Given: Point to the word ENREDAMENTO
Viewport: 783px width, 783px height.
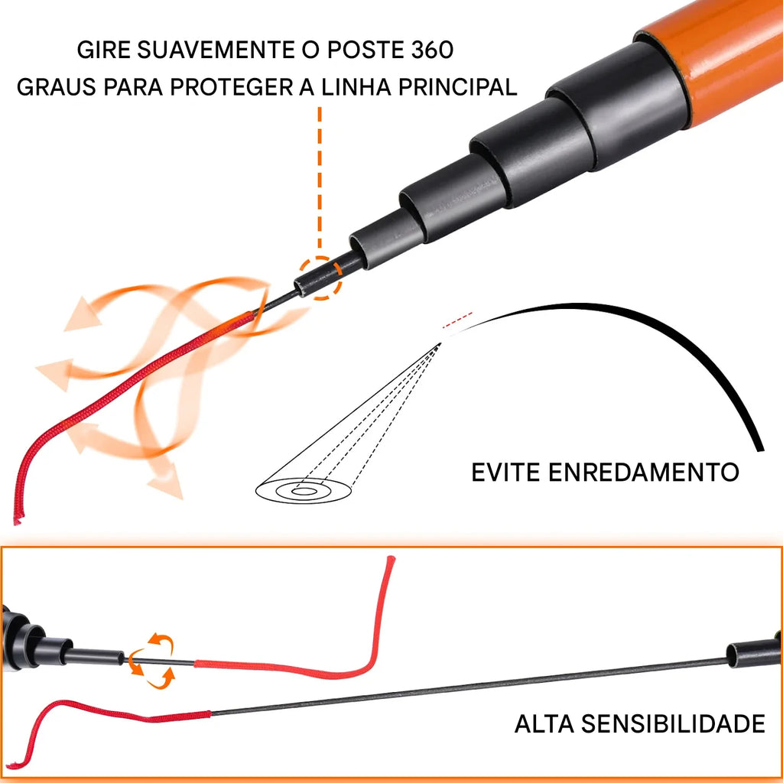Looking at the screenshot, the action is tap(644, 473).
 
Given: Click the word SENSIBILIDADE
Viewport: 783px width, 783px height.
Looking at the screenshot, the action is tap(674, 723).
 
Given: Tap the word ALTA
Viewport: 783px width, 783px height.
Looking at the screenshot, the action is tap(544, 723).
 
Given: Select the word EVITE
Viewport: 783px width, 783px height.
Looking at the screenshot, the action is tap(505, 473).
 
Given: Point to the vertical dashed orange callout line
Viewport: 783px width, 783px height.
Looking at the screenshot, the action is tap(320, 180).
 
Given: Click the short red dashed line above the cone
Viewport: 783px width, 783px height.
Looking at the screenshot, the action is tap(457, 320).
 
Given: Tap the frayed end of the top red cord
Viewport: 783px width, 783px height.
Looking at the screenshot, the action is tap(18, 520).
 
